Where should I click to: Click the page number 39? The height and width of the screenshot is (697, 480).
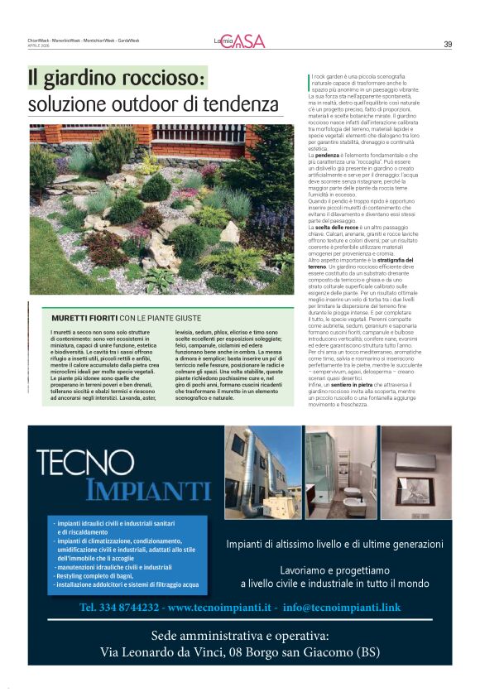[x=448, y=44]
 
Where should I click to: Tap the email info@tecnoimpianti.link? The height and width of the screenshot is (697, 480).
[x=341, y=607]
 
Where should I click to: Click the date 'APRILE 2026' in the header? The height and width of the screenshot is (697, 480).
[x=39, y=46]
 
